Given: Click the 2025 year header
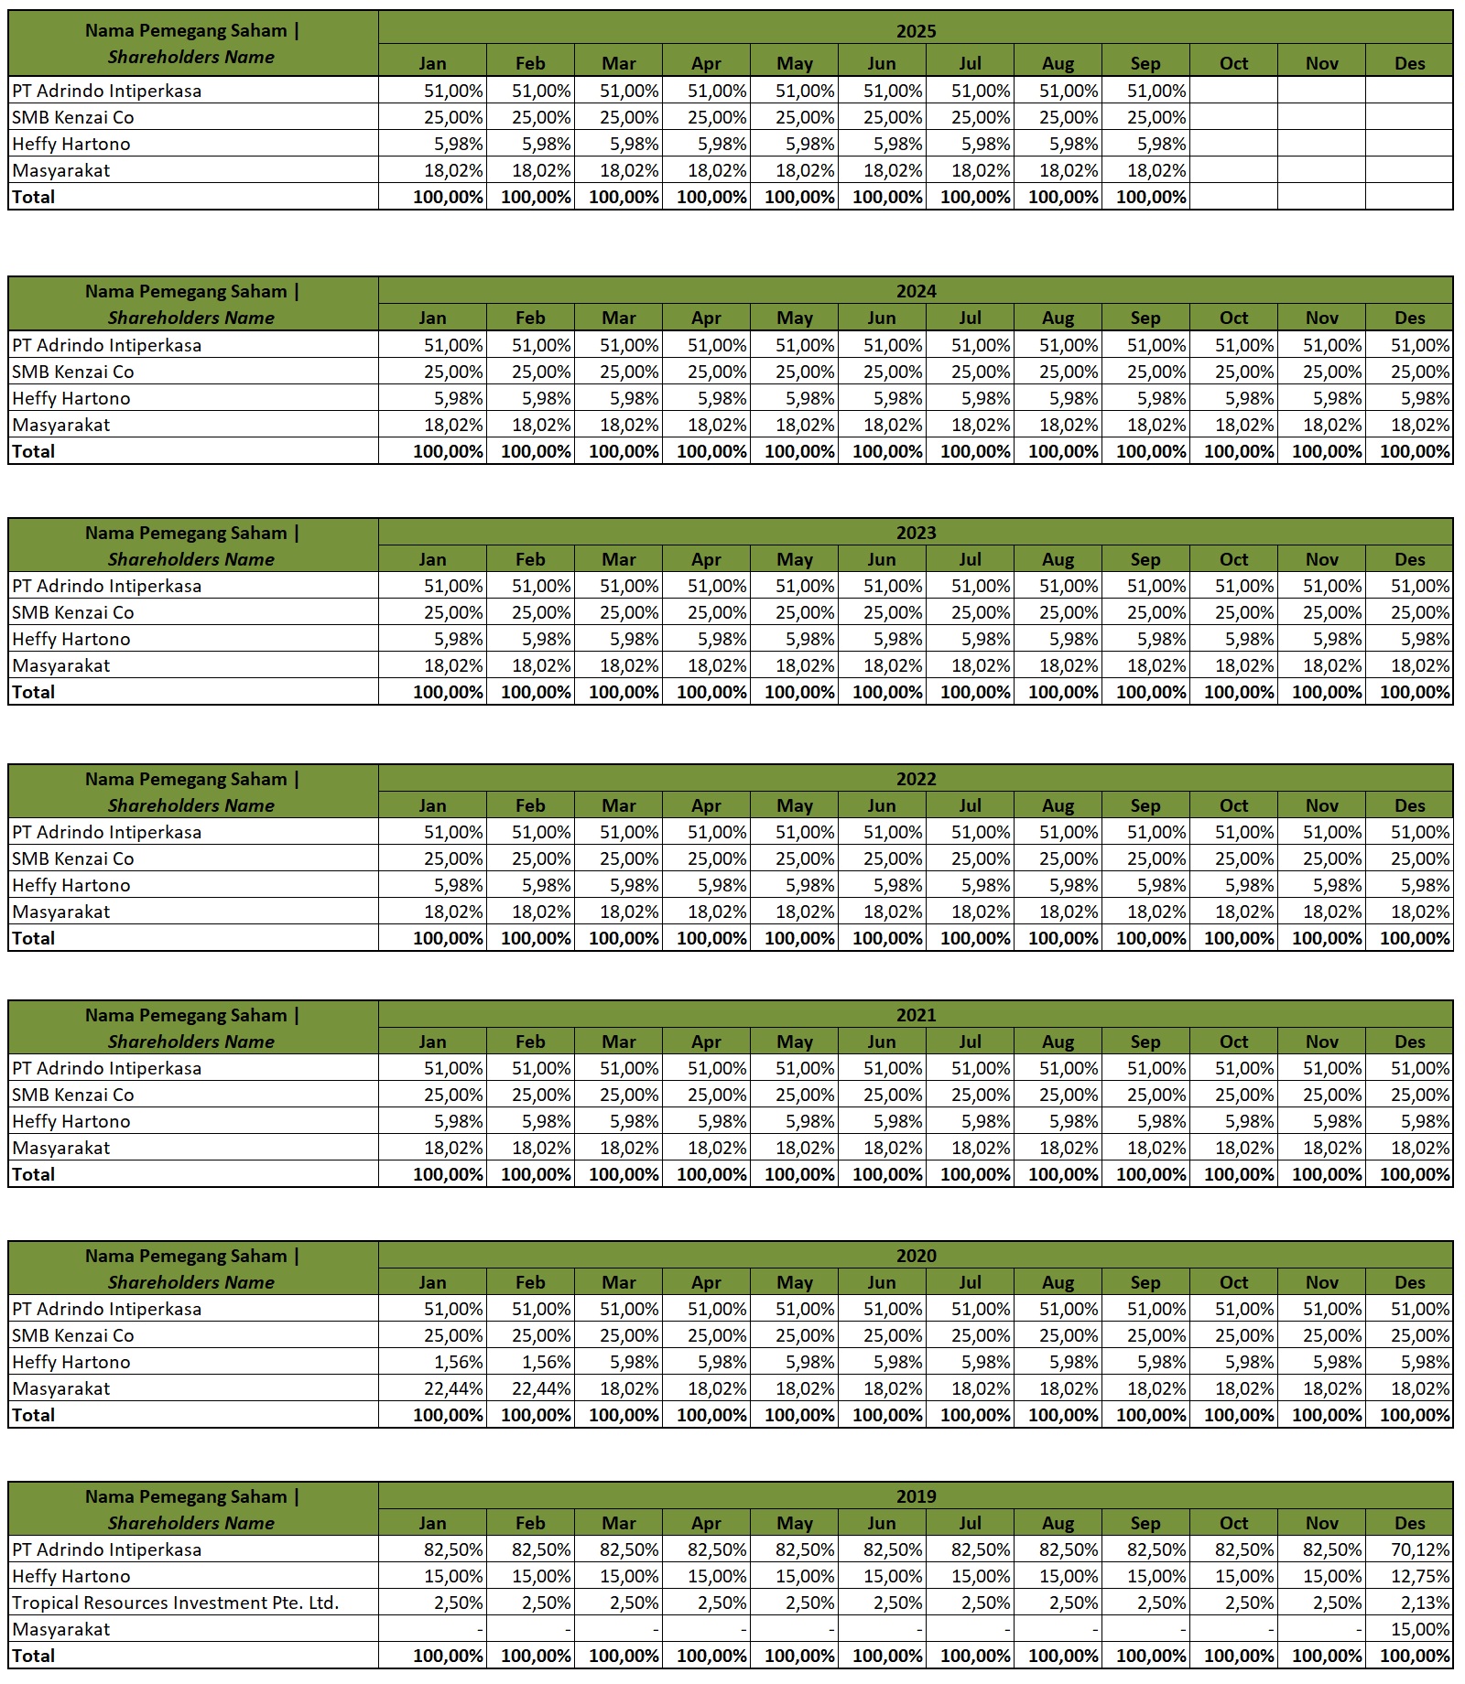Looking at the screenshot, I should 916,31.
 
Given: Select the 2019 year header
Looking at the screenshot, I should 916,1496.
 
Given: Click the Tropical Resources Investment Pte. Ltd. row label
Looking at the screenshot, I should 176,1603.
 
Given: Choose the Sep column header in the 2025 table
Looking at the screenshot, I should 1145,63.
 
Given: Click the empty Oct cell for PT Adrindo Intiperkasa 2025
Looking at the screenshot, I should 1233,91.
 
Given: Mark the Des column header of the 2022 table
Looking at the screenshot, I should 1409,805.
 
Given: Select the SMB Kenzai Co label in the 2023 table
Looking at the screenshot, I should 73,612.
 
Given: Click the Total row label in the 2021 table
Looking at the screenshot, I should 34,1174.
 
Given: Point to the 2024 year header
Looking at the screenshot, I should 916,291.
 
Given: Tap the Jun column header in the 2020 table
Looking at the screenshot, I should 882,1282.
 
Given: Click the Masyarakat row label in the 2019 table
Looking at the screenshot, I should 61,1629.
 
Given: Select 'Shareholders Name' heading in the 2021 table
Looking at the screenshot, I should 191,1042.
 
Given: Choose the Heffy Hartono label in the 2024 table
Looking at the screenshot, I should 71,398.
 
